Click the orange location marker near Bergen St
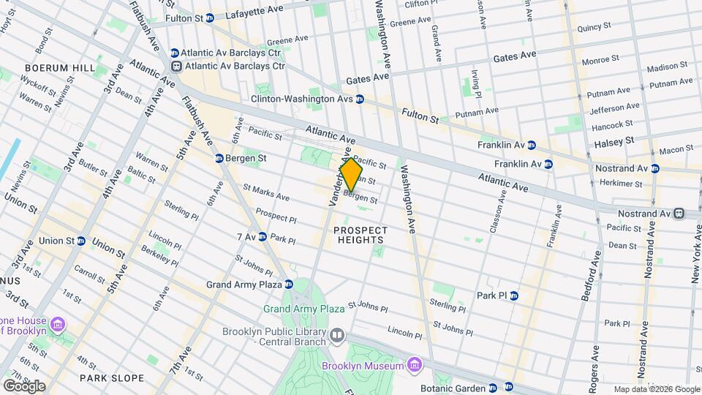click(x=351, y=174)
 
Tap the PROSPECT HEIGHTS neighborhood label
click(x=360, y=235)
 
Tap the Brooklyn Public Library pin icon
click(x=336, y=336)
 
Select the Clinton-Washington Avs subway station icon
click(x=360, y=99)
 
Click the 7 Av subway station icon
click(x=262, y=237)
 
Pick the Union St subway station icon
click(x=80, y=241)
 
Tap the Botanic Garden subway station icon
click(x=492, y=388)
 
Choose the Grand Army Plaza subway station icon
click(x=289, y=284)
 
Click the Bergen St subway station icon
click(x=219, y=158)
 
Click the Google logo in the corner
click(x=23, y=385)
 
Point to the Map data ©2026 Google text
click(x=657, y=389)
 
